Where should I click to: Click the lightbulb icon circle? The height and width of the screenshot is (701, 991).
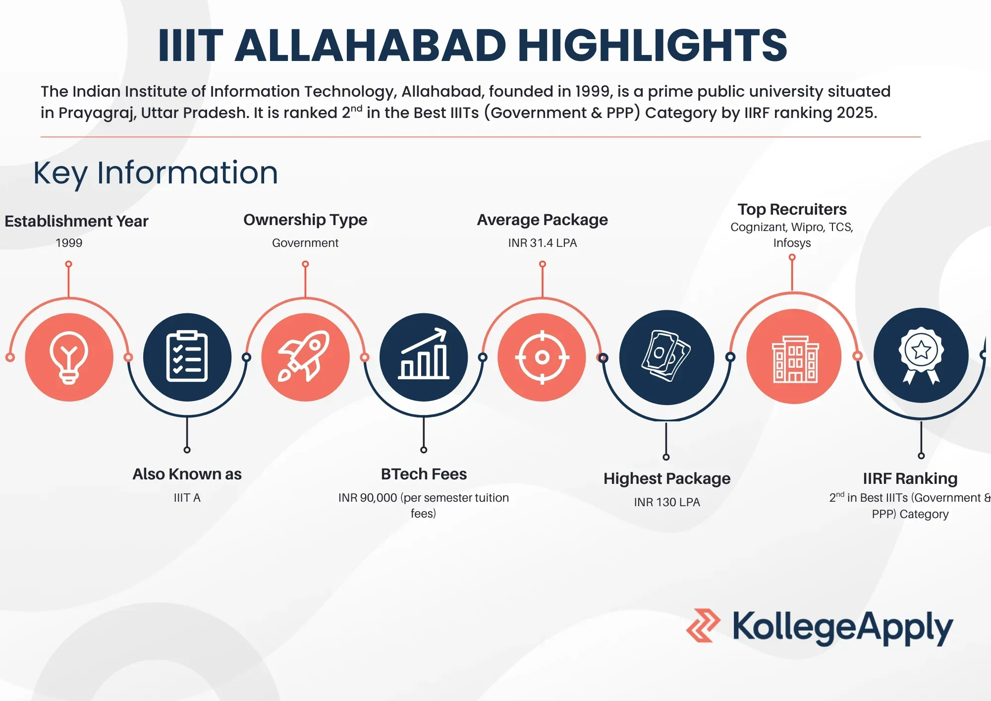(x=69, y=357)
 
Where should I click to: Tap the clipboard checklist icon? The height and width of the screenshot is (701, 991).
(x=187, y=357)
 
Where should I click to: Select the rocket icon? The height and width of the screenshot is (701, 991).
(x=305, y=357)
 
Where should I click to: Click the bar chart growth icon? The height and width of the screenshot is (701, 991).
(x=424, y=357)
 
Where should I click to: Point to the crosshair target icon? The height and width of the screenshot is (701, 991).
(x=542, y=357)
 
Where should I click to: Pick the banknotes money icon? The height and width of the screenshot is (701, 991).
(x=666, y=357)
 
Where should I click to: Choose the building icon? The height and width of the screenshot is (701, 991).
(x=794, y=357)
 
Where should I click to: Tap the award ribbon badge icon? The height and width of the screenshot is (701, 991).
(x=921, y=355)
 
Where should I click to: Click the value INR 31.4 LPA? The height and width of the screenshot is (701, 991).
(x=542, y=243)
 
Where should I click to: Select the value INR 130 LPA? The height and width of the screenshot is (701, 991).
(x=666, y=502)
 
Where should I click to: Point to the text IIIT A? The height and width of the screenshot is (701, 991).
(x=187, y=498)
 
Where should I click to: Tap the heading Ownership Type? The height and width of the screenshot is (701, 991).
(x=305, y=220)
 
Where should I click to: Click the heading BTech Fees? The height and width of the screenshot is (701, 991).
(x=424, y=474)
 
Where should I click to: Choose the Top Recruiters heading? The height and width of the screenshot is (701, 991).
(x=792, y=209)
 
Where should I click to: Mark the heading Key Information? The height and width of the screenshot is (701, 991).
(x=156, y=173)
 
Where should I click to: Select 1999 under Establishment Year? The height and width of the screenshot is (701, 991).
(x=69, y=243)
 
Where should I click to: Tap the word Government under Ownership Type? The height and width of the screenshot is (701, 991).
(x=305, y=243)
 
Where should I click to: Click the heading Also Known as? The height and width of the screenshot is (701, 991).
(x=187, y=474)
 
